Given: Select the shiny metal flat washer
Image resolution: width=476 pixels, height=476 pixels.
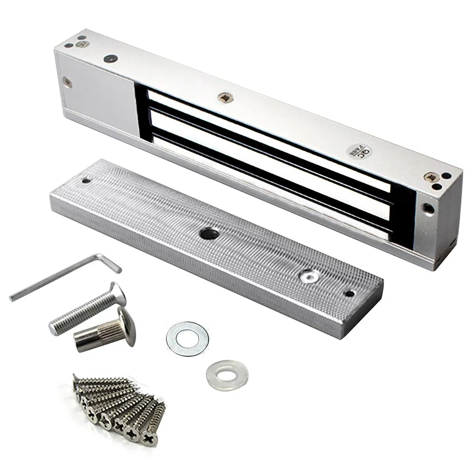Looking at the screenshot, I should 188,339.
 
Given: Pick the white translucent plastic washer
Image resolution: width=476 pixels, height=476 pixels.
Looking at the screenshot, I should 227,375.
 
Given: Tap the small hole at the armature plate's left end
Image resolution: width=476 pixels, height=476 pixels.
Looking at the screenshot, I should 86,181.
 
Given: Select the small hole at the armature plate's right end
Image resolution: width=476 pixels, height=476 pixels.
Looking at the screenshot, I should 350,293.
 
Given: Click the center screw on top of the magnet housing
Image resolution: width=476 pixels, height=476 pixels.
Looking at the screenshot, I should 225,98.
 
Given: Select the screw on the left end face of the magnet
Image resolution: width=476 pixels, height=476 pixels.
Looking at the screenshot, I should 68,82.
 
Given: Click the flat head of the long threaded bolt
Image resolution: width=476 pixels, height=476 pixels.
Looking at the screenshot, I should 118,294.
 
